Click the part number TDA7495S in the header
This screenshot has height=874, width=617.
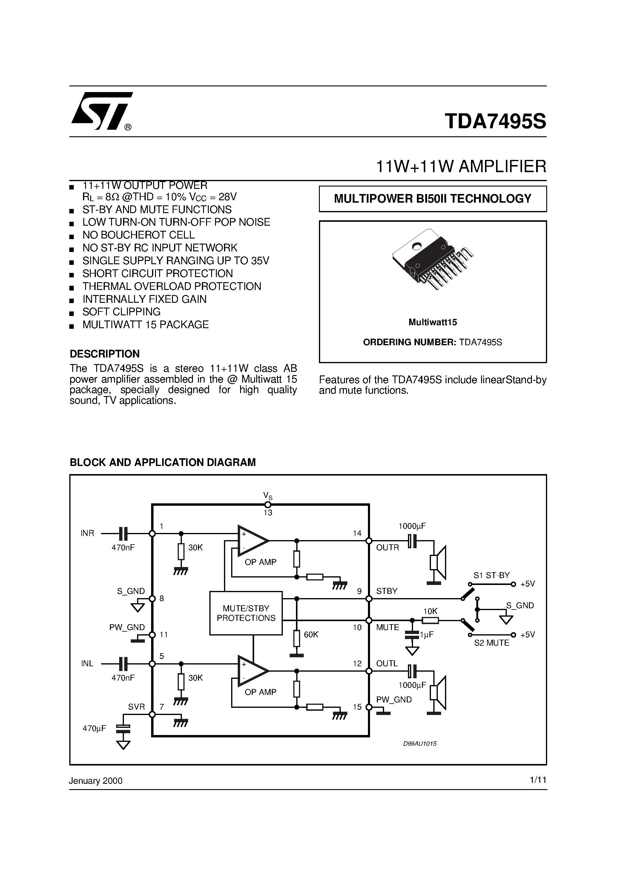[495, 121]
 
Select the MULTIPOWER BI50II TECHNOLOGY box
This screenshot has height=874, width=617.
[432, 199]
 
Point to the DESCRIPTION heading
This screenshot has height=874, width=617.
[105, 354]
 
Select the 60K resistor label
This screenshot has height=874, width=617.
[311, 635]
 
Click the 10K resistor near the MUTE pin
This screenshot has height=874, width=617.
[430, 621]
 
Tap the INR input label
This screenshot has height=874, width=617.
[87, 533]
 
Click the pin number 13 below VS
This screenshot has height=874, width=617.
[268, 513]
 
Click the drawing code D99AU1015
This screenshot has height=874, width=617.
[420, 743]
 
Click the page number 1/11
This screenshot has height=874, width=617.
[538, 780]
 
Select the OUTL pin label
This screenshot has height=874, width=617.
[386, 664]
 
